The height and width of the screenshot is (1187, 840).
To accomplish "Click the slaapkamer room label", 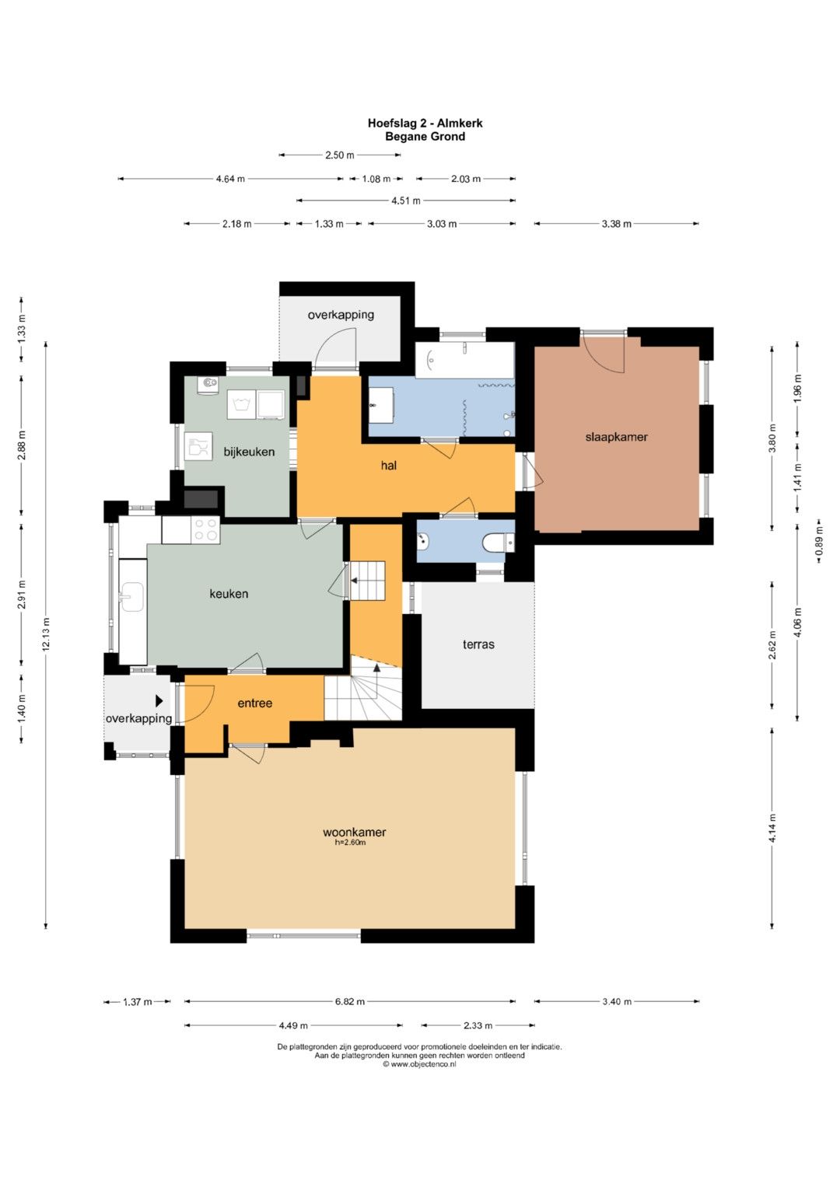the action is tap(616, 437).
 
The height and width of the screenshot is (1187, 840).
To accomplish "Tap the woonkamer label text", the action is tap(354, 832).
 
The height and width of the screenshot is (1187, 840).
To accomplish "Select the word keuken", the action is tap(229, 594).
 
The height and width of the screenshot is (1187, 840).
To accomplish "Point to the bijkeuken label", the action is tap(249, 452).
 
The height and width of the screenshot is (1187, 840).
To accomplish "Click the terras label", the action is tap(478, 644).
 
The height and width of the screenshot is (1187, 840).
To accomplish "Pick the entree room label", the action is tap(254, 703).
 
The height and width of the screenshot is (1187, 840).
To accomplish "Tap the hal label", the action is tap(389, 466).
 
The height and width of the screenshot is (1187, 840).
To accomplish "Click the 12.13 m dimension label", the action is tap(46, 634).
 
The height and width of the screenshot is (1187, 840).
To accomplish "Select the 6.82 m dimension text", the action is tap(349, 1001).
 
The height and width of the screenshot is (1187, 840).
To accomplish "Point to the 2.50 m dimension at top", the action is tap(339, 155).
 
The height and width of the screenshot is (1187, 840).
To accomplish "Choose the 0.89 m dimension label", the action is tap(819, 540).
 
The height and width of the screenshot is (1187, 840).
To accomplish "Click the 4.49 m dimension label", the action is tap(293, 1025).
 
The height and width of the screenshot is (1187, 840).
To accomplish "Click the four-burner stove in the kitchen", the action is tap(206, 529).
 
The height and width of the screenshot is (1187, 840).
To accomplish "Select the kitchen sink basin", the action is tap(132, 597).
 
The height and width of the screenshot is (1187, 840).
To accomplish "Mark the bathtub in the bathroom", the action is tap(464, 360).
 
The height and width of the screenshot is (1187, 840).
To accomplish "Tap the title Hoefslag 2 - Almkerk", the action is tap(425, 123).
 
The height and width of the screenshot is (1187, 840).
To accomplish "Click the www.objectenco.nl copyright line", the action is tap(419, 1063).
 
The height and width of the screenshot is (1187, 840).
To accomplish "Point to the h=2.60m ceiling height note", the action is tap(351, 843).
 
